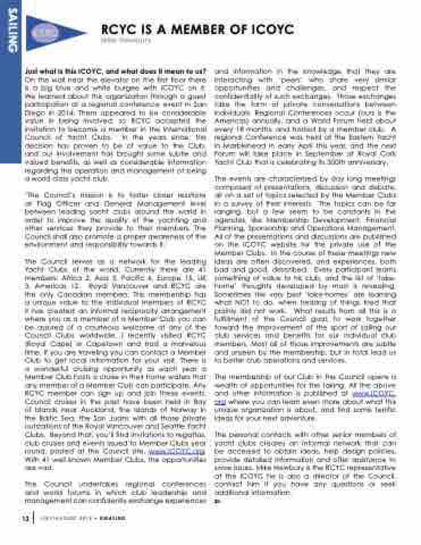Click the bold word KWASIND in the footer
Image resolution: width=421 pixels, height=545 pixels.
114,519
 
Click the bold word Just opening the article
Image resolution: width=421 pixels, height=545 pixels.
34,72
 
